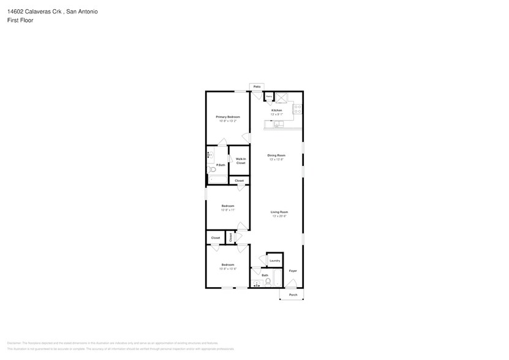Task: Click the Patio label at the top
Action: (x=257, y=87)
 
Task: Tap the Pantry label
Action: (x=268, y=97)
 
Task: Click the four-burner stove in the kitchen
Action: (x=298, y=110)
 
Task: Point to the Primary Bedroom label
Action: (x=227, y=116)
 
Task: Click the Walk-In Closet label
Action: (x=241, y=160)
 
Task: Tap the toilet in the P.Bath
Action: (x=212, y=170)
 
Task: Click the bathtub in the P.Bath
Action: (x=217, y=180)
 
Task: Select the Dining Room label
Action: (x=276, y=155)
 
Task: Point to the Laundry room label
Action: (x=274, y=260)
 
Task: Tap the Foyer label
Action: (x=293, y=271)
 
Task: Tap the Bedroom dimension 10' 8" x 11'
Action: (x=227, y=210)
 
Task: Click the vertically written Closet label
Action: (x=230, y=237)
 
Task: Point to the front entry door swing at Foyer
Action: (x=292, y=283)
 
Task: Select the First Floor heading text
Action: (x=20, y=20)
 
